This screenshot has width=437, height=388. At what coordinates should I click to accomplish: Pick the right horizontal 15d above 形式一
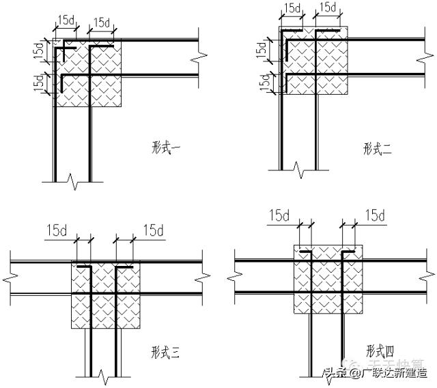point(102,22)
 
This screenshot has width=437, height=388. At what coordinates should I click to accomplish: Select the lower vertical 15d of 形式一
point(38,83)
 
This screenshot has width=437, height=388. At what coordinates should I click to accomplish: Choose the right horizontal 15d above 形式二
point(328,8)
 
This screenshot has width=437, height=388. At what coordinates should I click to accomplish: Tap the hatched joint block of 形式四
point(326,280)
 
